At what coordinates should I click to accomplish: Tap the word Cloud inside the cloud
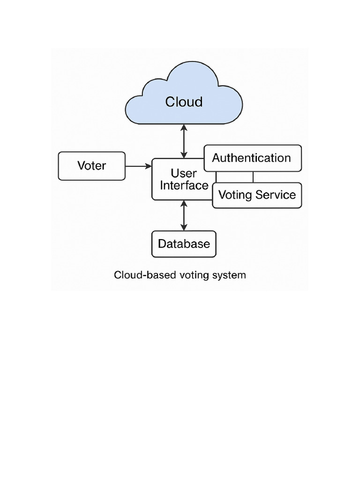point(184,102)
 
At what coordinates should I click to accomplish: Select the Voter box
point(92,166)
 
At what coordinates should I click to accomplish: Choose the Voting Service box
point(257,195)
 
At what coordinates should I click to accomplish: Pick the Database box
point(184,244)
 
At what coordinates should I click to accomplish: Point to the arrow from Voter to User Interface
point(138,166)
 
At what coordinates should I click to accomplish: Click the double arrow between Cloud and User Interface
point(184,141)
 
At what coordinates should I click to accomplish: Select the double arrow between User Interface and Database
point(184,216)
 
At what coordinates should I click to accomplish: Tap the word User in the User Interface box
point(184,173)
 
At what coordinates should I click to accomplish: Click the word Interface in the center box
point(184,186)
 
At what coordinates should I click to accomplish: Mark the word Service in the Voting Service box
point(278,195)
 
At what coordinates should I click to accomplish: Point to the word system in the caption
point(230,275)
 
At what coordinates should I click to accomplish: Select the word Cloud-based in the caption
point(138,275)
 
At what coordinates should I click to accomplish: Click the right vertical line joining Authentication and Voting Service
point(253,177)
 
